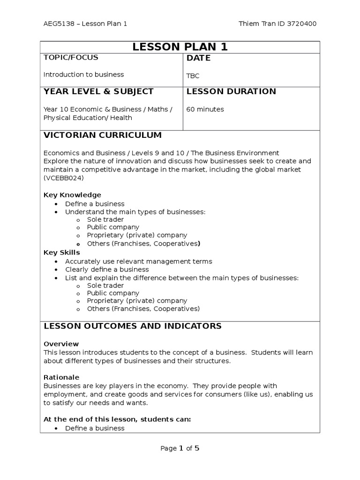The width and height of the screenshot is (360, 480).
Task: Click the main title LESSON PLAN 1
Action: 180,46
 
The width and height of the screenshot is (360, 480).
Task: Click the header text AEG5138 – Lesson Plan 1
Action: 85,24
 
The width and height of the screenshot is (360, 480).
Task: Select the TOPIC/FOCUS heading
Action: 71,58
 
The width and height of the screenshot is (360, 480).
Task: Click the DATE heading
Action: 199,58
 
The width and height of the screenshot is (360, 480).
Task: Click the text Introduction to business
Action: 83,74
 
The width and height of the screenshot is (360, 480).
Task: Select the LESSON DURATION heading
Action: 231,91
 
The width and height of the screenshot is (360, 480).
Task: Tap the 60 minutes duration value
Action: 205,109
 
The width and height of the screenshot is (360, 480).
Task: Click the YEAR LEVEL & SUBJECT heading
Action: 98,91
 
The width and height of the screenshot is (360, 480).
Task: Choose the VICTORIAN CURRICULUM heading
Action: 102,135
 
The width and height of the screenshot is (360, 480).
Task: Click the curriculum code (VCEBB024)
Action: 64,178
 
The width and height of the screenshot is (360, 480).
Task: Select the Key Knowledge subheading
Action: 72,195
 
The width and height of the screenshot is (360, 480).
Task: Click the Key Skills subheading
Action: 61,252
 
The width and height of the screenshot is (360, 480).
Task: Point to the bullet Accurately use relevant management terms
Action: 138,262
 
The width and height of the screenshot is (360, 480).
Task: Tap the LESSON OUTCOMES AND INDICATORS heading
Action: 132,326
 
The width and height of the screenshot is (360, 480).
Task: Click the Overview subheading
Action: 61,344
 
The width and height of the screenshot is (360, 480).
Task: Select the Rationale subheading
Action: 61,377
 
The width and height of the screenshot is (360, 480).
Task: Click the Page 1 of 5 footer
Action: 180,448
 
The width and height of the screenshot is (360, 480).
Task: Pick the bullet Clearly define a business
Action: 107,270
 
